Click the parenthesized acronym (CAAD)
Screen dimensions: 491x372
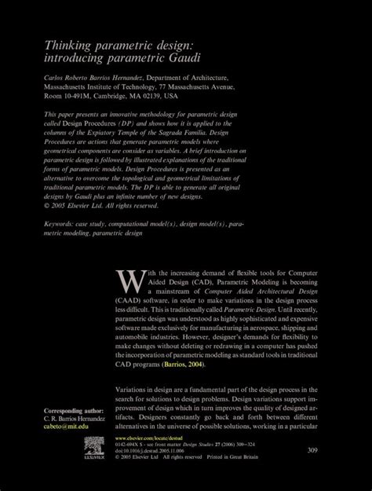point(129,301)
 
